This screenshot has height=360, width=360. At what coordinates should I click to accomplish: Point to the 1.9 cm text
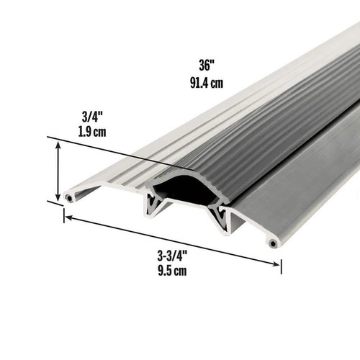point(92,132)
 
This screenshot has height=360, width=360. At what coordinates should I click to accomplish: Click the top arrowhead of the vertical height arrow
point(58,145)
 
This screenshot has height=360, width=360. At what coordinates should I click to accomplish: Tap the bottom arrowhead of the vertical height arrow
point(58,197)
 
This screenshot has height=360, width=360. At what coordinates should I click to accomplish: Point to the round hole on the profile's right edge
point(273,243)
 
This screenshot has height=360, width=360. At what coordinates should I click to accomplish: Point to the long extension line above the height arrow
point(108,151)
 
